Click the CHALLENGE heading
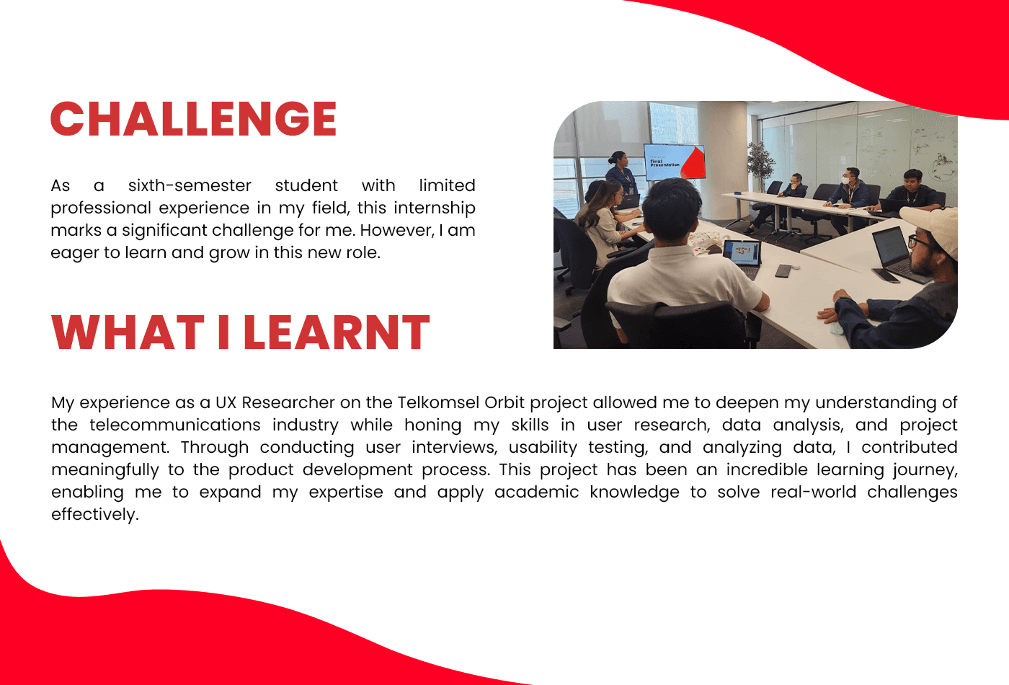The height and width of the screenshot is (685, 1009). pos(194,118)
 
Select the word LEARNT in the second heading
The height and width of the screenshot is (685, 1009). pos(337,332)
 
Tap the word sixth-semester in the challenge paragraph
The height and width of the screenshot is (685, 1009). pos(190,185)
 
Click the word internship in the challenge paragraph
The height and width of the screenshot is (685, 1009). pos(434,208)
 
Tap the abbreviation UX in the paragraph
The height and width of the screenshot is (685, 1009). pos(226,402)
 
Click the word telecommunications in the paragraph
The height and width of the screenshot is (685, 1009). pos(174,425)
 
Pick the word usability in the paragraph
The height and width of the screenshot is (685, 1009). pos(543,448)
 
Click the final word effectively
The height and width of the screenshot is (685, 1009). pos(95,515)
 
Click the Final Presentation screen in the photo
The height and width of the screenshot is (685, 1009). pos(674,162)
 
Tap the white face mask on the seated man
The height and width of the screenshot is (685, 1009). pos(848,180)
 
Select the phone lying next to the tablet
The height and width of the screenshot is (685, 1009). pos(783,270)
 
